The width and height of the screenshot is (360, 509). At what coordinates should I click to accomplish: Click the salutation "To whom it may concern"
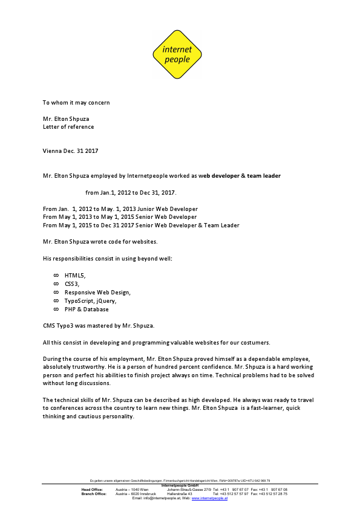76,102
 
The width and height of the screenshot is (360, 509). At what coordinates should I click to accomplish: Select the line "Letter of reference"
68,127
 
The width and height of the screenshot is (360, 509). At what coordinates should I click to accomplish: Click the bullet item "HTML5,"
75,275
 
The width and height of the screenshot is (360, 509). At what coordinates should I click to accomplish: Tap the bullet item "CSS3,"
72,284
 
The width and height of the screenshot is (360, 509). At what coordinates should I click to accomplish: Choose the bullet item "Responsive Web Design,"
97,292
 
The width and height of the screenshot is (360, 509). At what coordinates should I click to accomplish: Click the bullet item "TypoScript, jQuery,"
90,300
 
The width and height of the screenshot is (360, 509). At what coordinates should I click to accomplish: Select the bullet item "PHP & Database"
87,309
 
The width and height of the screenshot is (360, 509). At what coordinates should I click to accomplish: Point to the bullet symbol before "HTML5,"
56,275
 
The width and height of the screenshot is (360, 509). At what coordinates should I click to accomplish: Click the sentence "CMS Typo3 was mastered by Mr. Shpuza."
99,325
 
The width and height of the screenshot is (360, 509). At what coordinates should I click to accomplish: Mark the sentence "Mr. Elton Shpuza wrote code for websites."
100,242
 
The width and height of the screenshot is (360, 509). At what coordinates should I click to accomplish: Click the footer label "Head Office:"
92,489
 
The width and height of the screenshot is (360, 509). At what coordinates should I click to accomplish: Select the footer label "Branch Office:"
94,493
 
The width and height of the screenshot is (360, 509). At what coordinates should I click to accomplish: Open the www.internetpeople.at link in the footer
209,498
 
